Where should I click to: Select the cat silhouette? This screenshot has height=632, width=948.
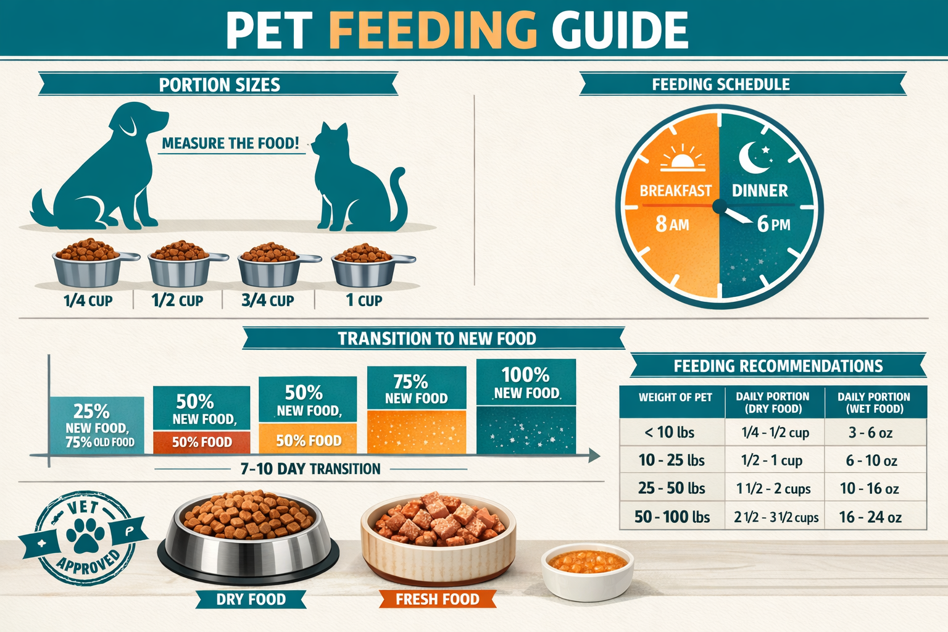coord(352,185)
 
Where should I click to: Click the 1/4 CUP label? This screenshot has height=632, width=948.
coord(88,301)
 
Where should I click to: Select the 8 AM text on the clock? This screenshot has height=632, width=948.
coord(672,223)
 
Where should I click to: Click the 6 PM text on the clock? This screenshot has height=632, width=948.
coord(773,223)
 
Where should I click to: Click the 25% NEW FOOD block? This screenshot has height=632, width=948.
coord(97,426)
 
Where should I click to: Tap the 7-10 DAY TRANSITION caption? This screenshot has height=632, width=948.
coord(310,469)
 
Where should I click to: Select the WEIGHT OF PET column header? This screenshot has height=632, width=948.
coord(675,397)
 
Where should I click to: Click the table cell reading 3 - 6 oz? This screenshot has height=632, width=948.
coord(870,433)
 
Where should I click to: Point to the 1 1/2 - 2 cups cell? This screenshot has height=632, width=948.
coord(773,489)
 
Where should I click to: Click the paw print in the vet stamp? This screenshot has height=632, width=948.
coord(85,534)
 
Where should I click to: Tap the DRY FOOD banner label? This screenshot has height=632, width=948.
coord(251,599)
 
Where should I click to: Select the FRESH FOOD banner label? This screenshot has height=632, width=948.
coord(437,599)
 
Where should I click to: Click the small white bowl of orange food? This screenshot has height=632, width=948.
coord(587,571)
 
